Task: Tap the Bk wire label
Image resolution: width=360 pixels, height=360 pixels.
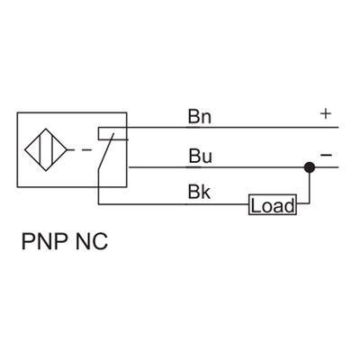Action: pyautogui.click(x=199, y=193)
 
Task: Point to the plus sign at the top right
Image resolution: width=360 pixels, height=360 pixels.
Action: pyautogui.click(x=325, y=114)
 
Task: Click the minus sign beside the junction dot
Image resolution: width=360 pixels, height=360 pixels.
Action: pyautogui.click(x=326, y=156)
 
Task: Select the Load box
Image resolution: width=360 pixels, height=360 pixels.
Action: pyautogui.click(x=272, y=206)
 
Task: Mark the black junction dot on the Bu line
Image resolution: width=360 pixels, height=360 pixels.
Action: pyautogui.click(x=309, y=166)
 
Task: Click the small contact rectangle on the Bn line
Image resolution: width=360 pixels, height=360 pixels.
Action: pyautogui.click(x=112, y=134)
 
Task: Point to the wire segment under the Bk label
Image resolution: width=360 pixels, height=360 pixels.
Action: pyautogui.click(x=199, y=206)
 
